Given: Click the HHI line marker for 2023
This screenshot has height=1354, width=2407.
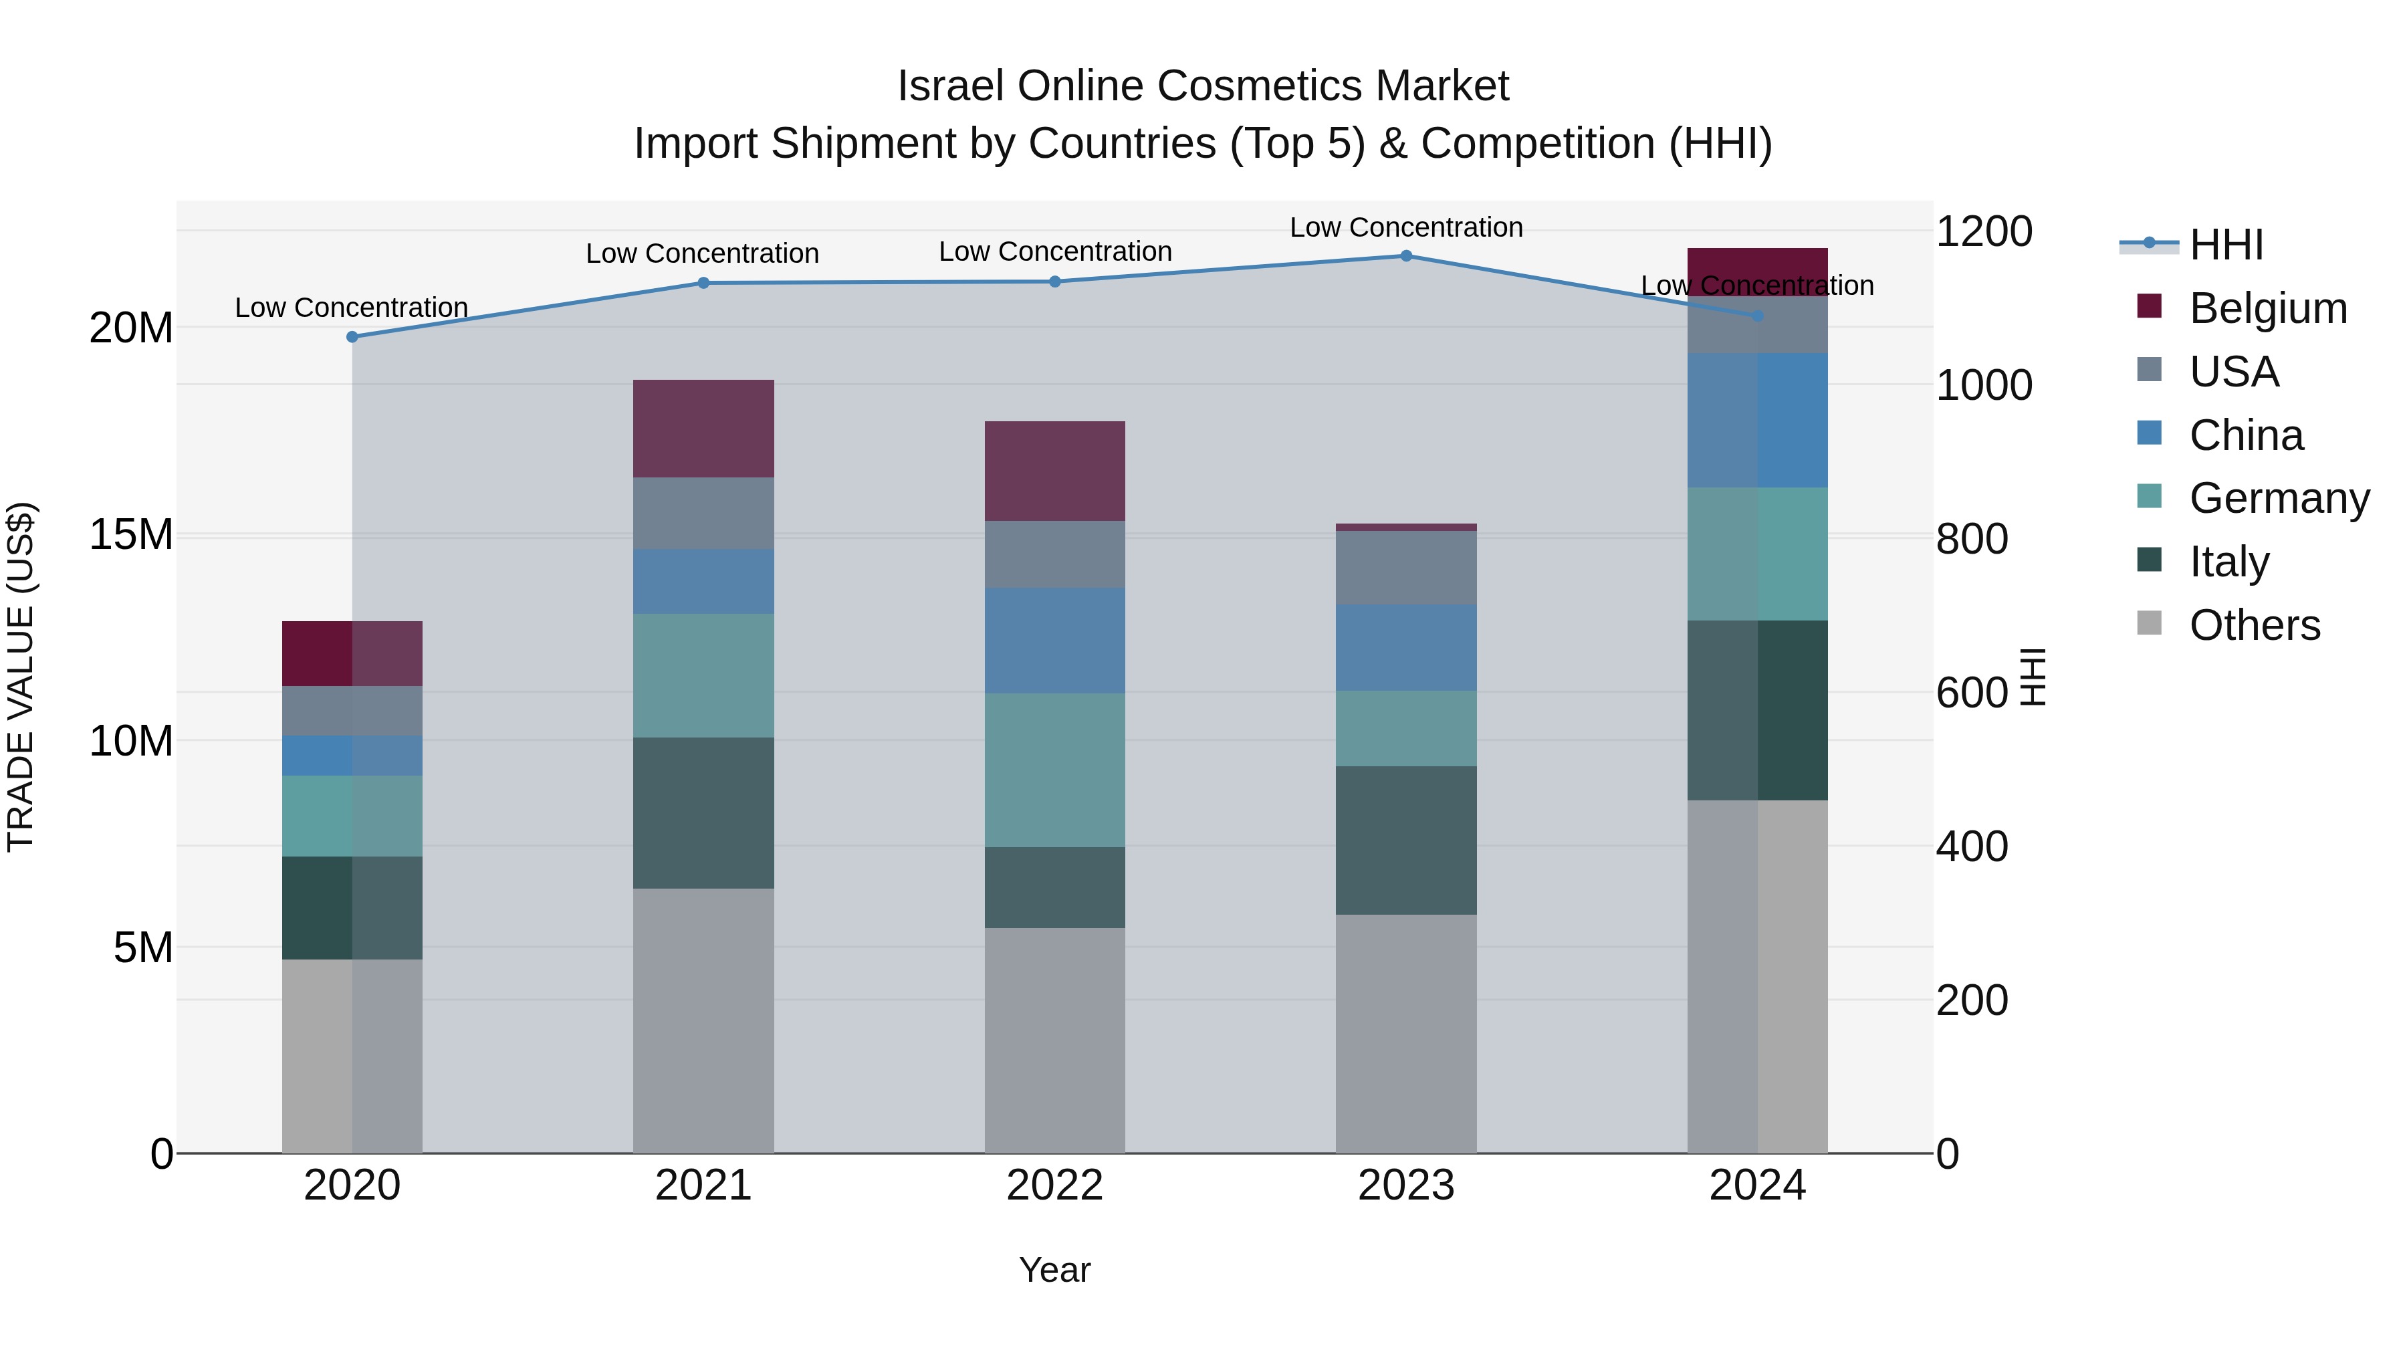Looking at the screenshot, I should [1406, 256].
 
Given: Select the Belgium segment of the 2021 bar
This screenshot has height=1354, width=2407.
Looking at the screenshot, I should [703, 429].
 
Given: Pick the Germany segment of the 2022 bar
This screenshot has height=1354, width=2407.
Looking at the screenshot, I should [1055, 770].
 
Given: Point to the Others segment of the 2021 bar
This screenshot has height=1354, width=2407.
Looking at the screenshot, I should [703, 1020].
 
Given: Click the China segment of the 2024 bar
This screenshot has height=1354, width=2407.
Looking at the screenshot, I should [1758, 421].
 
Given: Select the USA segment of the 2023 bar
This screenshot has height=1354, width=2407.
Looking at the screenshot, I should [1406, 567].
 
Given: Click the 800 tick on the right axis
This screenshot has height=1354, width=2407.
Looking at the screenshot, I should [1972, 539].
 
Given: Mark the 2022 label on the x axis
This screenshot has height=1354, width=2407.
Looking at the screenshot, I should [1055, 1186].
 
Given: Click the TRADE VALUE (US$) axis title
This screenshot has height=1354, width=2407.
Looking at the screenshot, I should [21, 677].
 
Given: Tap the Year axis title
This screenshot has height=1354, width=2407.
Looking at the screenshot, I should [1055, 1270].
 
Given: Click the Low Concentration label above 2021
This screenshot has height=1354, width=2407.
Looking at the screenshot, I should [703, 253].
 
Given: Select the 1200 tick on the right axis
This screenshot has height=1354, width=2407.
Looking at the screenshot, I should [1983, 232].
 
